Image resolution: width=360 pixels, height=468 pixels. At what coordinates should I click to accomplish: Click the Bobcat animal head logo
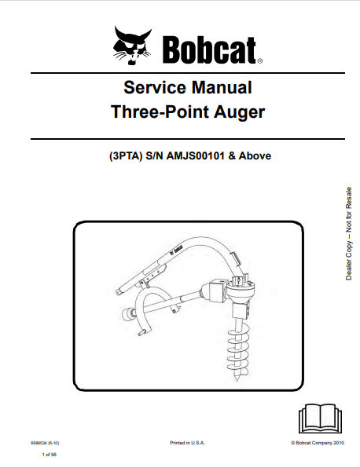click(132, 45)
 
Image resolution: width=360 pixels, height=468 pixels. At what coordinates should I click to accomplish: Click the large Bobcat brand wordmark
click(209, 49)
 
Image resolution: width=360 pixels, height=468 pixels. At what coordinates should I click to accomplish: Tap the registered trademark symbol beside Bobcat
click(259, 61)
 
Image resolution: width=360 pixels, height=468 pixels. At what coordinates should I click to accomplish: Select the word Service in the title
click(155, 87)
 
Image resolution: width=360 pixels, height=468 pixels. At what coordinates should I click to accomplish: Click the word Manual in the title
click(222, 87)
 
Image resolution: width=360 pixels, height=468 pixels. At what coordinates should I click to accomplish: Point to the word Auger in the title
click(239, 112)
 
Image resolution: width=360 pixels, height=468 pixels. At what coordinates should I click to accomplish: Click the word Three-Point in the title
click(160, 112)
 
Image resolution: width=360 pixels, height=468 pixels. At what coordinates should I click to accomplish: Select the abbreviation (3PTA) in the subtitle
click(126, 155)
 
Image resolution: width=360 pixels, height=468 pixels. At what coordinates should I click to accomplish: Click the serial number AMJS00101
click(195, 155)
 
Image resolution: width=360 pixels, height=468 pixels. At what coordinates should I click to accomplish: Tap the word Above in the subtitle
click(255, 155)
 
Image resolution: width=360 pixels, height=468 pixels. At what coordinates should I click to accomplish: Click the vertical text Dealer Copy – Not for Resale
click(349, 233)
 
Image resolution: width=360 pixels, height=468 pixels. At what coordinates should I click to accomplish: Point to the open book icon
click(320, 419)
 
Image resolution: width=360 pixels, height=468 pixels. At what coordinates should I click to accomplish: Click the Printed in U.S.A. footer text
click(187, 443)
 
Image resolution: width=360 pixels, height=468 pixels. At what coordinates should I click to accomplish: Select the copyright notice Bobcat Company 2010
click(318, 443)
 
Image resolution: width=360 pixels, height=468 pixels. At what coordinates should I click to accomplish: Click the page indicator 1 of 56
click(50, 455)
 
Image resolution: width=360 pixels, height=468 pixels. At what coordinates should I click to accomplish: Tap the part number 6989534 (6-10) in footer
click(45, 443)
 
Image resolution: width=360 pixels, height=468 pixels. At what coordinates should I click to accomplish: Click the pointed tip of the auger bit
click(237, 380)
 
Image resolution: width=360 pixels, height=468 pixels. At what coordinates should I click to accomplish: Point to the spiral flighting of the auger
click(237, 353)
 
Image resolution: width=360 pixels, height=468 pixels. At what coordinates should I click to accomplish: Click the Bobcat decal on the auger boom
click(176, 250)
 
